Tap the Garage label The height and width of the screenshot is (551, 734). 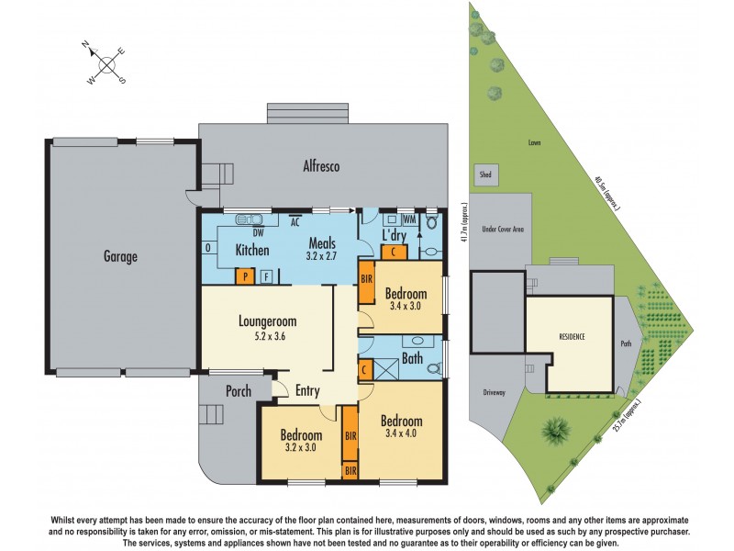pyautogui.click(x=119, y=257)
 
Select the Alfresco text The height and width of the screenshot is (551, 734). pyautogui.click(x=322, y=167)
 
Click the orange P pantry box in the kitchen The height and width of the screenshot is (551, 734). pyautogui.click(x=245, y=275)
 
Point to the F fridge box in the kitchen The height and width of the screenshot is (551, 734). pyautogui.click(x=267, y=275)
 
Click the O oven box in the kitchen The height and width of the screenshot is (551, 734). pyautogui.click(x=208, y=248)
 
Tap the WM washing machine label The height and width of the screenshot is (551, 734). pyautogui.click(x=407, y=219)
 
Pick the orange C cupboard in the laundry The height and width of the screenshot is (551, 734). pyautogui.click(x=394, y=252)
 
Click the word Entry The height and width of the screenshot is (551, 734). pyautogui.click(x=307, y=391)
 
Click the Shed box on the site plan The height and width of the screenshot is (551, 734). pyautogui.click(x=483, y=174)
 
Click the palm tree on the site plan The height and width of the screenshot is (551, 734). pyautogui.click(x=556, y=427)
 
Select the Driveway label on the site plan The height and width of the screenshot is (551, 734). pyautogui.click(x=494, y=392)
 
